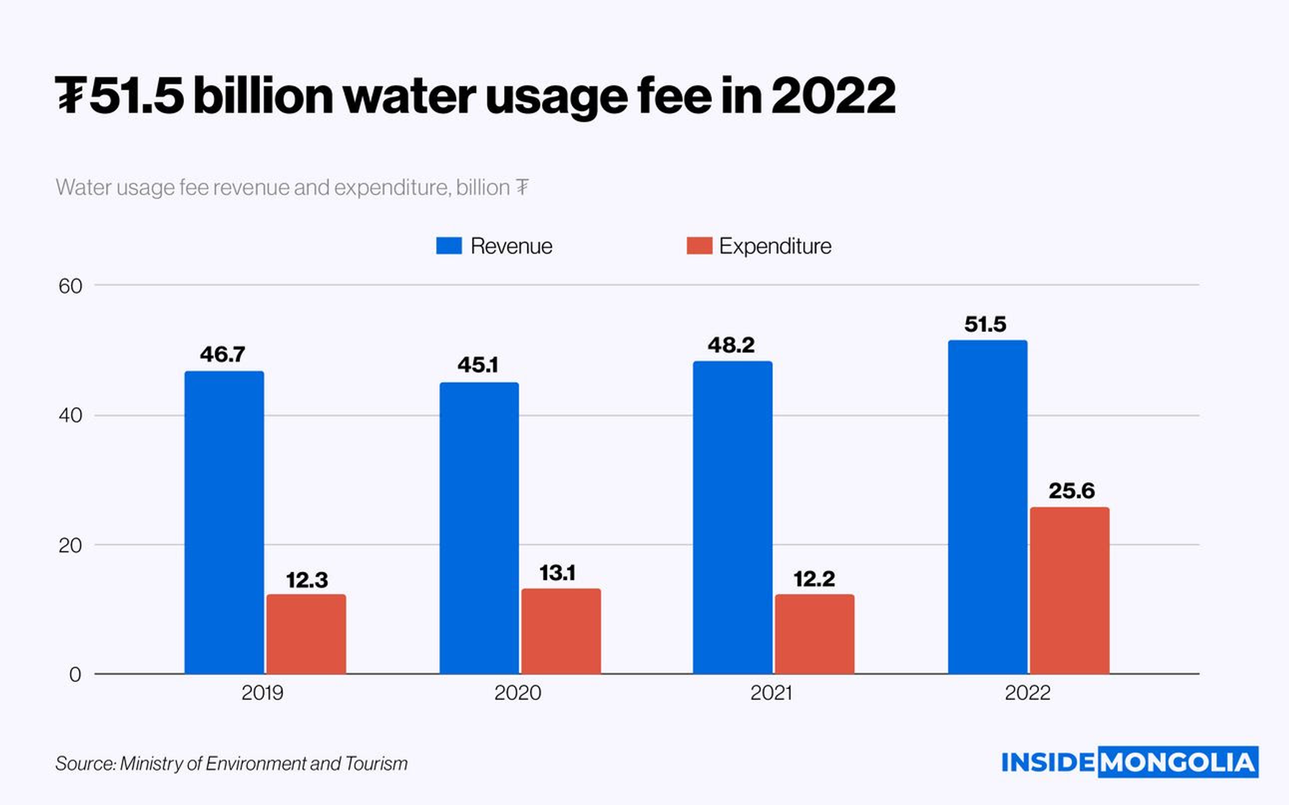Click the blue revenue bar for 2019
tap(224, 522)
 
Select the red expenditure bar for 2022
tap(1069, 590)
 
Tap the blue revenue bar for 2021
tap(733, 517)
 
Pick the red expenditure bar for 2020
tap(561, 631)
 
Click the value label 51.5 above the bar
tap(985, 324)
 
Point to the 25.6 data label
tap(1071, 491)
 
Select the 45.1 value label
tap(478, 365)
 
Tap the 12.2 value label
tap(814, 579)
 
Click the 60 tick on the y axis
tap(70, 286)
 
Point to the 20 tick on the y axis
tap(70, 546)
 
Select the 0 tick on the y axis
tap(75, 675)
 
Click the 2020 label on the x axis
tap(518, 693)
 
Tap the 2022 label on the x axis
tap(1027, 693)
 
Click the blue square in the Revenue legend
tap(449, 246)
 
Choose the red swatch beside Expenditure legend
tap(699, 246)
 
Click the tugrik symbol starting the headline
tap(70, 96)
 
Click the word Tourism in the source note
tap(376, 763)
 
